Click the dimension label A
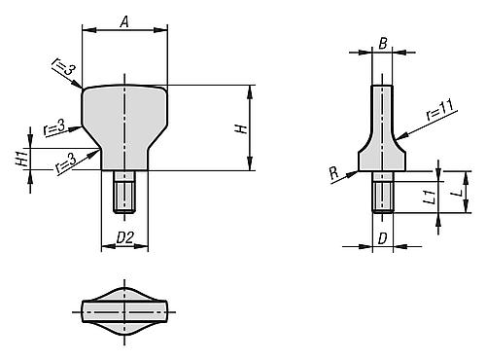(123, 19)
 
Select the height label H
(241, 127)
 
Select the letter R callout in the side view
(334, 171)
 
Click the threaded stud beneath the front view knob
(124, 192)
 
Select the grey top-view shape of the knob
(124, 310)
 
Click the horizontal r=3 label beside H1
(55, 126)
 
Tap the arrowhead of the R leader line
(356, 173)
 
